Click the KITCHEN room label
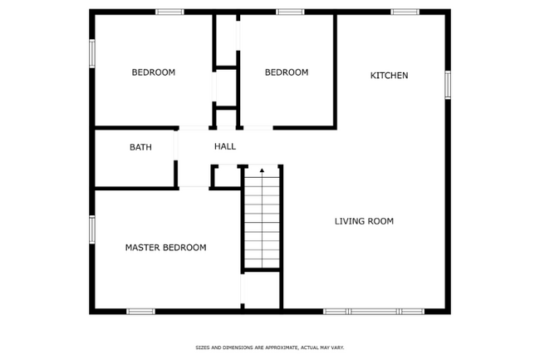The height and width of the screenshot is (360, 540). tap(389, 76)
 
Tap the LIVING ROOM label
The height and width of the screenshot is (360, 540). tap(364, 221)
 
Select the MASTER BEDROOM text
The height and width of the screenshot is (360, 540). tap(165, 248)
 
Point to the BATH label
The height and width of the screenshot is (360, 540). tap(140, 147)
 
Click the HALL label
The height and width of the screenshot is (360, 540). tap(224, 146)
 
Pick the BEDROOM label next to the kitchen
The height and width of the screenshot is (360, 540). tap(286, 72)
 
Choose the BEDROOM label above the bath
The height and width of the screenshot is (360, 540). tap(154, 72)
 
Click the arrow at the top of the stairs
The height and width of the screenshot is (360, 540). tap(263, 171)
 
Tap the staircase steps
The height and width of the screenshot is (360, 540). tap(263, 220)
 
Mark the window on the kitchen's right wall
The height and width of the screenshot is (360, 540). tap(448, 84)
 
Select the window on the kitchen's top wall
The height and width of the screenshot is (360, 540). tap(405, 12)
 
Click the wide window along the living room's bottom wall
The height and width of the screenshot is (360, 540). tap(374, 312)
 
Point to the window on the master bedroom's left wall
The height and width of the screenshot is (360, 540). tap(92, 229)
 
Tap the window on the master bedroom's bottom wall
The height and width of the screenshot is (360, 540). tap(140, 312)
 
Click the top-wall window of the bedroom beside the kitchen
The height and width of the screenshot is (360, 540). tap(290, 12)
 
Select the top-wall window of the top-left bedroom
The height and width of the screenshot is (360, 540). tap(169, 12)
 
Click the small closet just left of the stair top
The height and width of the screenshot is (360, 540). tap(226, 176)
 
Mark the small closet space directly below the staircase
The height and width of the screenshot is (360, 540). tap(262, 290)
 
